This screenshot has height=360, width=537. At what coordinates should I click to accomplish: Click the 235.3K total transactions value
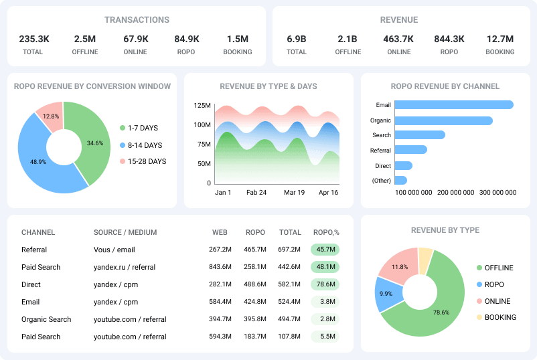33,39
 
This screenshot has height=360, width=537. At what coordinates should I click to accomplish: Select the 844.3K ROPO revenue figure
449,39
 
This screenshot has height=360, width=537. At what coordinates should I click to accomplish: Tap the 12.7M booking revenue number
500,39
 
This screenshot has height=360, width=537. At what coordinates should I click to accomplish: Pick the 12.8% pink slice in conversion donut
50,116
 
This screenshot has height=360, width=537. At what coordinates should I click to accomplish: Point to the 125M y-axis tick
202,106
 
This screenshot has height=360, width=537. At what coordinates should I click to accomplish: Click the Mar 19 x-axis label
294,192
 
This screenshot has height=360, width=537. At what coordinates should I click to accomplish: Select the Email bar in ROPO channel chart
454,105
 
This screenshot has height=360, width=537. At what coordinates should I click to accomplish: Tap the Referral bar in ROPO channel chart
410,150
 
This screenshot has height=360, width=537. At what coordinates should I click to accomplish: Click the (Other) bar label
381,181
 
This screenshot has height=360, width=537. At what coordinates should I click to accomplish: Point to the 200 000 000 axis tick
455,193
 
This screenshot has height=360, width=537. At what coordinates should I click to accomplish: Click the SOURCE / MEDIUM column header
125,233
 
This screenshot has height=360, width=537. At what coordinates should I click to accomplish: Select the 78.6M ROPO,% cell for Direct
325,284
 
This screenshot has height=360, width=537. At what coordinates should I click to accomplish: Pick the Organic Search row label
46,319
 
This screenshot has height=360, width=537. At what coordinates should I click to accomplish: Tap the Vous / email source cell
114,250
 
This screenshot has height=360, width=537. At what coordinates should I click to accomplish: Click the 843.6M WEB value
220,267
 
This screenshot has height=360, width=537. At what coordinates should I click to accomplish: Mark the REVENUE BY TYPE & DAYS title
268,86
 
